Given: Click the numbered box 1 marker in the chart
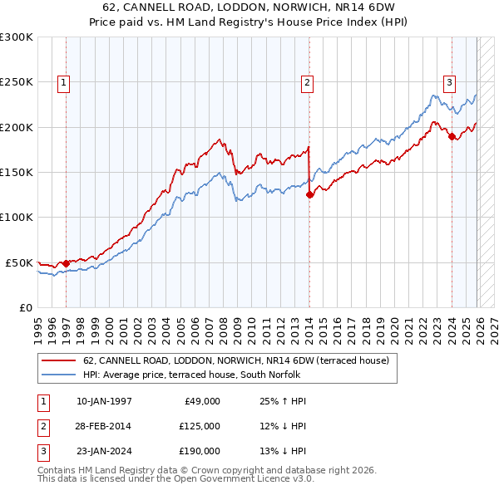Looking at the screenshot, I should click(64, 82).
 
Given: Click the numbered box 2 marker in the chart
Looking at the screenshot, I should click(307, 82).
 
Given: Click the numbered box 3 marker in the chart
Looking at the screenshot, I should click(449, 82).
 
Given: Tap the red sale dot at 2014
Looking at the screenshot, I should click(309, 194).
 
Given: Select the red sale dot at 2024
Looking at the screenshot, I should click(452, 136).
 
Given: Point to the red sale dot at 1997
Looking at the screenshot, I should click(67, 263).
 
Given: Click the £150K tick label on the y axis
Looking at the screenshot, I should click(17, 172).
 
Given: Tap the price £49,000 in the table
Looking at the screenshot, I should click(200, 401).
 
